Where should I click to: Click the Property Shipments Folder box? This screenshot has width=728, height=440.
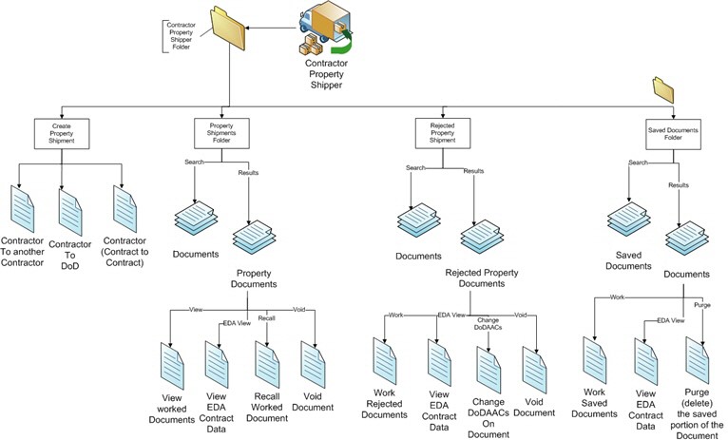[215, 131]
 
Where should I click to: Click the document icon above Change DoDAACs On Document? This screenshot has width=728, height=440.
[489, 362]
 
